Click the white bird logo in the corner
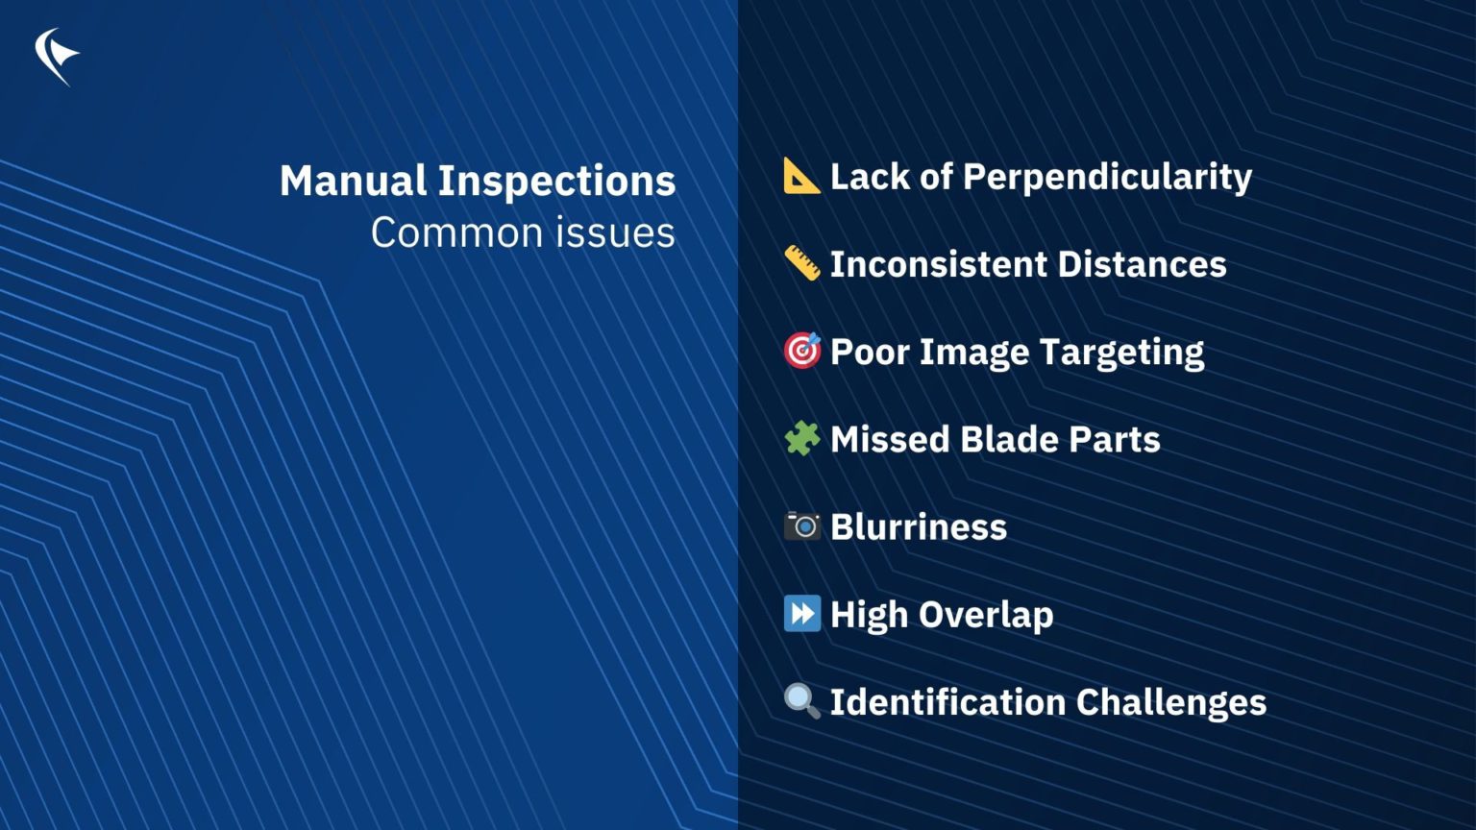(56, 56)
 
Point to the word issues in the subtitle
(625, 232)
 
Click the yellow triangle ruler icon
(801, 176)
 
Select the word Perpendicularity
(1107, 177)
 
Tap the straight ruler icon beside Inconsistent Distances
(801, 263)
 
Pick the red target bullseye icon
(801, 351)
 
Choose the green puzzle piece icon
(801, 438)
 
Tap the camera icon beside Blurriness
(801, 525)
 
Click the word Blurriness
(919, 526)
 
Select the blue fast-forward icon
(801, 613)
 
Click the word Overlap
(986, 615)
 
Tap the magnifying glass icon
(801, 700)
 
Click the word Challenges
(1171, 702)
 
